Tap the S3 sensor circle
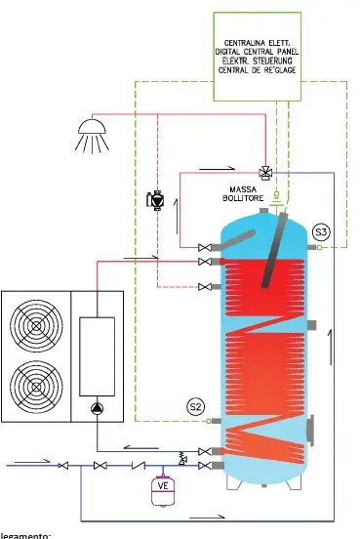click(322, 231)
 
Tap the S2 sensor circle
click(194, 406)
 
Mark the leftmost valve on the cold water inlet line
click(62, 466)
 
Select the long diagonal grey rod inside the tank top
click(280, 240)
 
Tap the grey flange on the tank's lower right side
click(311, 429)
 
